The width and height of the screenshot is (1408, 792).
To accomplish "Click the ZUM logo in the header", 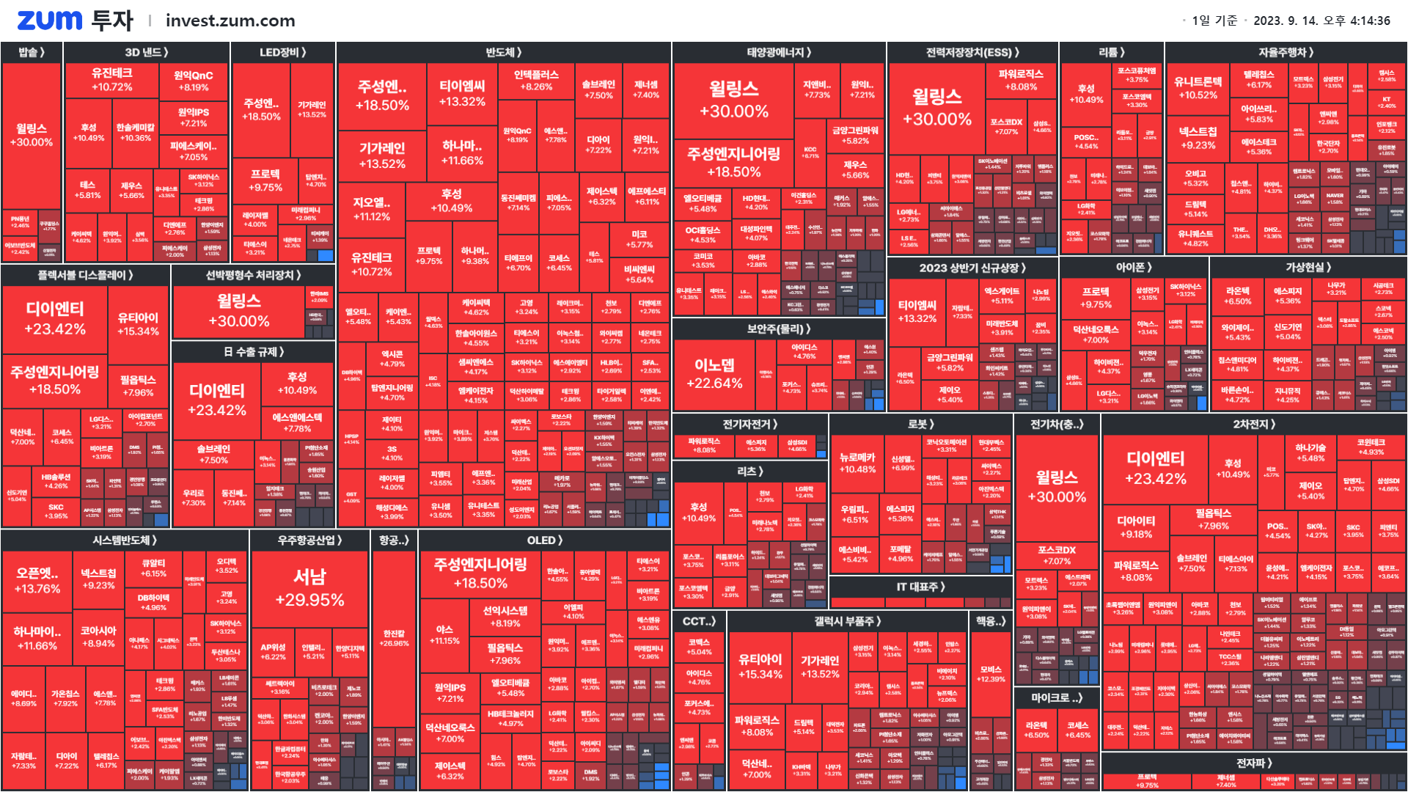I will [49, 21].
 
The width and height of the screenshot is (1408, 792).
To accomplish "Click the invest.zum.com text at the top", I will [230, 21].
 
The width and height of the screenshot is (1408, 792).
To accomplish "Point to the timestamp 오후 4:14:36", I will [1356, 21].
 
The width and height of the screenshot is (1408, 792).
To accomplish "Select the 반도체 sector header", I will [503, 52].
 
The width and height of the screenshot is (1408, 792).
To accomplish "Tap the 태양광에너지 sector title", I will [779, 52].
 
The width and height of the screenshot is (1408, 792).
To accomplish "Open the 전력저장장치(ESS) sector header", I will [972, 52].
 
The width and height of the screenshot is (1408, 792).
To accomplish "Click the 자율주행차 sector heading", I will [1286, 52].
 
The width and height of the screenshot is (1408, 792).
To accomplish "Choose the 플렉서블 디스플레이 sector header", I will [85, 275].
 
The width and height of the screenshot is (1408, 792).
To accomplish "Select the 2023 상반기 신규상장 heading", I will [972, 268].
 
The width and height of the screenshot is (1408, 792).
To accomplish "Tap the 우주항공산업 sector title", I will [309, 540].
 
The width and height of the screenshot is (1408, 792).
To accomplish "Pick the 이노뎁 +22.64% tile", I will [714, 373].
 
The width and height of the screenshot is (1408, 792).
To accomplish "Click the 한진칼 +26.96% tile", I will [394, 638].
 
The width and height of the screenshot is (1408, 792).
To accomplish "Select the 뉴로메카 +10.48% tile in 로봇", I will [857, 463].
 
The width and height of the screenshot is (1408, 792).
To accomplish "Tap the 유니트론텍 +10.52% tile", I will [1198, 88].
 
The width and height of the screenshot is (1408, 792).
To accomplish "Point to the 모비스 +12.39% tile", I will [991, 674].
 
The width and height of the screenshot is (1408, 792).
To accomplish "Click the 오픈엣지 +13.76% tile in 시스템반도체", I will [37, 580].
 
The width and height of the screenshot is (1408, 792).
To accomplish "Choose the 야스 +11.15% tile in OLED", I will [444, 635].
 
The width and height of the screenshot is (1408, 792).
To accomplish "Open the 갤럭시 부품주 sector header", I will [847, 621].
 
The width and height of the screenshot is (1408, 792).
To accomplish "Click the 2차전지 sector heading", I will [1254, 424].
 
